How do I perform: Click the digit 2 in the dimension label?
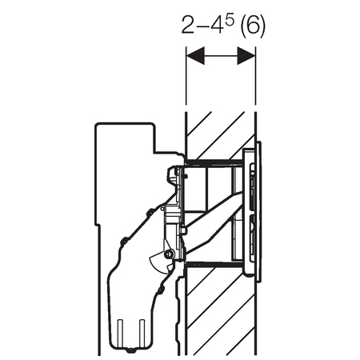188,25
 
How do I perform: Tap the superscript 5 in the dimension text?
230,22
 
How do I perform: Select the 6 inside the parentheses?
253,25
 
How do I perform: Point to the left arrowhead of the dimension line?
195,56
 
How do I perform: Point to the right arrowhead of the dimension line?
246,56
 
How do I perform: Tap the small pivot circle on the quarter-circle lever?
168,254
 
